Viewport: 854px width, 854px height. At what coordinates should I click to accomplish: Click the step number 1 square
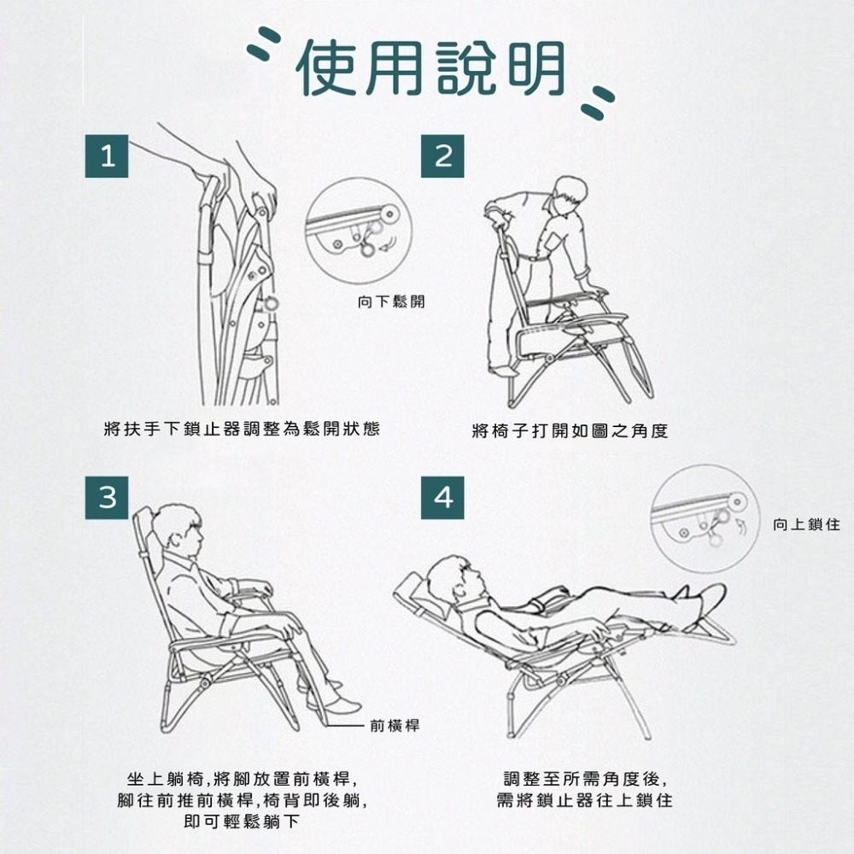(107, 156)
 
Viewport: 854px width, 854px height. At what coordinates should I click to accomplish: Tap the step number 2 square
(442, 156)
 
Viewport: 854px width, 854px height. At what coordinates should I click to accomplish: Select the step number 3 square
(107, 498)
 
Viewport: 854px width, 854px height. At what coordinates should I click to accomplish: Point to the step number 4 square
(442, 498)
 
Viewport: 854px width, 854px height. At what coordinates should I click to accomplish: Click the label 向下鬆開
(391, 301)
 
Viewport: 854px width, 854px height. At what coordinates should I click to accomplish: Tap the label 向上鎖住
(807, 524)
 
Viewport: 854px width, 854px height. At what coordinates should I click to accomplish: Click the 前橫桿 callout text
(395, 725)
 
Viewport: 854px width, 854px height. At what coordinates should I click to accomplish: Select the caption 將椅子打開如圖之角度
(570, 430)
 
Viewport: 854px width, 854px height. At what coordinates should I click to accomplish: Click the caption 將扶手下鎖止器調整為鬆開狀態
(242, 429)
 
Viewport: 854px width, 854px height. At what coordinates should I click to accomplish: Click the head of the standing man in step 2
(568, 196)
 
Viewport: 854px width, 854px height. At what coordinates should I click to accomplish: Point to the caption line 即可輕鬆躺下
(242, 822)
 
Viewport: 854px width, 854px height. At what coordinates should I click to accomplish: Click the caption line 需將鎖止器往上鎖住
(584, 800)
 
